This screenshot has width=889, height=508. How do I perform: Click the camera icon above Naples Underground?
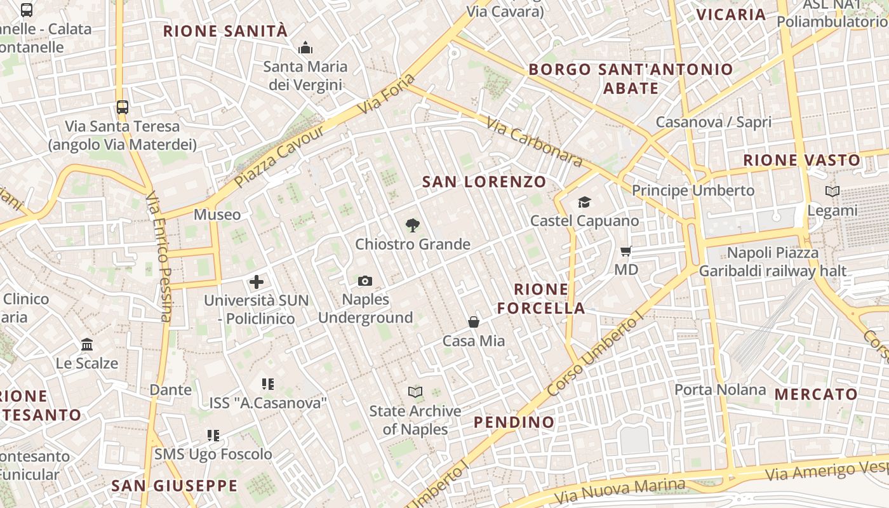[x=365, y=281]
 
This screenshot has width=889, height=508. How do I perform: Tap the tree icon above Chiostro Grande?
[x=413, y=225]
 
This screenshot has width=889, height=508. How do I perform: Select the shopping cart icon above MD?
[x=626, y=251]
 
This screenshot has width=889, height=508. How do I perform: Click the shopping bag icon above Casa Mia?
[x=474, y=322]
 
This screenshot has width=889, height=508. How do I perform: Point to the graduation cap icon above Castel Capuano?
[x=584, y=202]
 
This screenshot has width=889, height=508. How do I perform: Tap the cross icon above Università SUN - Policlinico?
[x=257, y=282]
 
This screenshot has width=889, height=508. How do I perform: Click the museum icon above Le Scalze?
[x=87, y=345]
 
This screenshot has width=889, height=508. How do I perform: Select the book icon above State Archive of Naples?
[x=415, y=392]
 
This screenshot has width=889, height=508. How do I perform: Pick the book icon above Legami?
[x=832, y=191]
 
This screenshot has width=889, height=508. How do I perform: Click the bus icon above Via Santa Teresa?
[x=123, y=107]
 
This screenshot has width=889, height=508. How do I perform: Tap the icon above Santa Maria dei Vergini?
[x=305, y=48]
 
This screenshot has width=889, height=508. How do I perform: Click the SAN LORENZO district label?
[x=484, y=182]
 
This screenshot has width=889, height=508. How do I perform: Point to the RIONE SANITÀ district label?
[x=225, y=31]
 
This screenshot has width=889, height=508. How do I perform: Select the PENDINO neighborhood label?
[x=514, y=422]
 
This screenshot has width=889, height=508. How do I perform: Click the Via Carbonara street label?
[x=534, y=142]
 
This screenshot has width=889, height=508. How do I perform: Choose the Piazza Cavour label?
[x=279, y=156]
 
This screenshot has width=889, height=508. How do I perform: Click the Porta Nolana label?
[x=720, y=389]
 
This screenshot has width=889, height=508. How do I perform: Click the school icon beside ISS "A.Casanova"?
[x=268, y=384]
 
